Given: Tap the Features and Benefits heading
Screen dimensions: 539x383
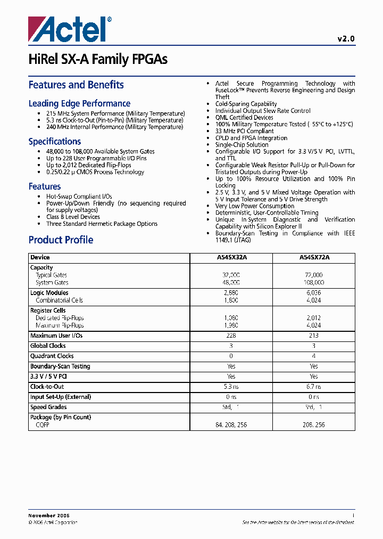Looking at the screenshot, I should (76, 85).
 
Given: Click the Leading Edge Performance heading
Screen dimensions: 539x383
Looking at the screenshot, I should (79, 103).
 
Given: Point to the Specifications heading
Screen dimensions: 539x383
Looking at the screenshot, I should (55, 142).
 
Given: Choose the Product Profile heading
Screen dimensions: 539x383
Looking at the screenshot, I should (61, 240).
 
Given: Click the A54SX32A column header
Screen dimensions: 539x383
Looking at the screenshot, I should (231, 257).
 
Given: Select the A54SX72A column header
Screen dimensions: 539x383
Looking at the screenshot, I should (314, 257).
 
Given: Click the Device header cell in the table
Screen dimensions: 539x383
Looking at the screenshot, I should (40, 257).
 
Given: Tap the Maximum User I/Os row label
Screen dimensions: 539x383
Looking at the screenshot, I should (56, 336).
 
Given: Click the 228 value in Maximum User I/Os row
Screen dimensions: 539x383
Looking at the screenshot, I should (231, 336).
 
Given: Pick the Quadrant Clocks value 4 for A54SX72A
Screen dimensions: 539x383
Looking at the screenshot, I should (314, 356).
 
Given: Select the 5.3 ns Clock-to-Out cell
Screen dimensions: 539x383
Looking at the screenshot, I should (231, 387).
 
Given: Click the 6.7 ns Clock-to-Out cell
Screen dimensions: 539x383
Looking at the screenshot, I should (314, 387).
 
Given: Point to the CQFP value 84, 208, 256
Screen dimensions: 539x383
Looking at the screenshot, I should (231, 425).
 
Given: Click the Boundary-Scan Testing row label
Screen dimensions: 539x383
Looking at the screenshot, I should (60, 366).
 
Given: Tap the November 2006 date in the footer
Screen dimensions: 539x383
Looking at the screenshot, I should (49, 516).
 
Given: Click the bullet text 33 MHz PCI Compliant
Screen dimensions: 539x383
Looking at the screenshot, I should (244, 131).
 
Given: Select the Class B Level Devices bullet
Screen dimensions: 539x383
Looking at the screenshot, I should (73, 217).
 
